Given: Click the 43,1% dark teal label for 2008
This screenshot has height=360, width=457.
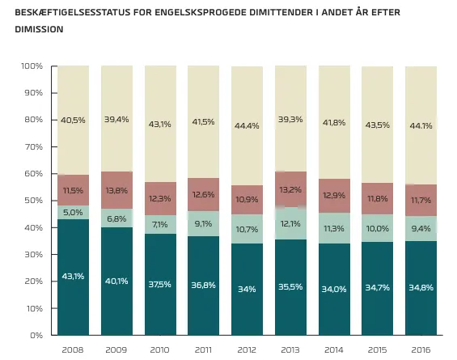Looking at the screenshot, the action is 73,276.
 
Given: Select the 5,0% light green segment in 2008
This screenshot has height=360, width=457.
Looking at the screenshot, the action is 73,213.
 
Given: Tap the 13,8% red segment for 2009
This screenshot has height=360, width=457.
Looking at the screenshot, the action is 116,190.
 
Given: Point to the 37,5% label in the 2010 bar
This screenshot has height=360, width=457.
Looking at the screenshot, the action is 159,284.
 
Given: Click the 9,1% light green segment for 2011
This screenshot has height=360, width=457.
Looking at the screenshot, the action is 204,224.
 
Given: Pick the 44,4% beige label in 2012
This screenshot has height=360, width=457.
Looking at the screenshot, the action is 247,125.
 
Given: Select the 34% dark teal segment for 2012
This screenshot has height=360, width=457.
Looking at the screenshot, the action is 248,289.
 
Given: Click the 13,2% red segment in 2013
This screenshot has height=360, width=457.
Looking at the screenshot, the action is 291,189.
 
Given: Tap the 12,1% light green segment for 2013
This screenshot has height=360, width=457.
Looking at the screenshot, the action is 291,223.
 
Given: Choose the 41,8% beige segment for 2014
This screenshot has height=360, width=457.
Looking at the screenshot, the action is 334,122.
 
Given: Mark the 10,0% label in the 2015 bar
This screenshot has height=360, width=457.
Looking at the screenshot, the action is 378,228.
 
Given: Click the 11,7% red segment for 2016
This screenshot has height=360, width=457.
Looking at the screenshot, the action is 421,201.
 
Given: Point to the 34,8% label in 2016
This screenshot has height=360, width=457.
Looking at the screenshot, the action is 421,288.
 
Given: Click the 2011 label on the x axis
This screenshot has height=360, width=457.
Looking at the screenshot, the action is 203,349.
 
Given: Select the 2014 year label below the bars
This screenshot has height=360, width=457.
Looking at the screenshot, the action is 334,349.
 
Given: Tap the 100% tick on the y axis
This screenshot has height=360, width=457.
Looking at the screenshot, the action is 32,66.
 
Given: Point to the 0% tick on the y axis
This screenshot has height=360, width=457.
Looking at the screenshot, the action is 36,335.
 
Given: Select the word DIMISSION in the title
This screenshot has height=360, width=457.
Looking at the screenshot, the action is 39,29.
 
